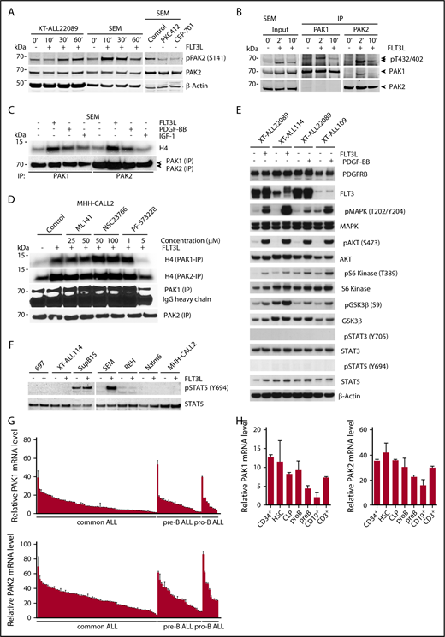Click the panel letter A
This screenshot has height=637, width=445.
point(5,7)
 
